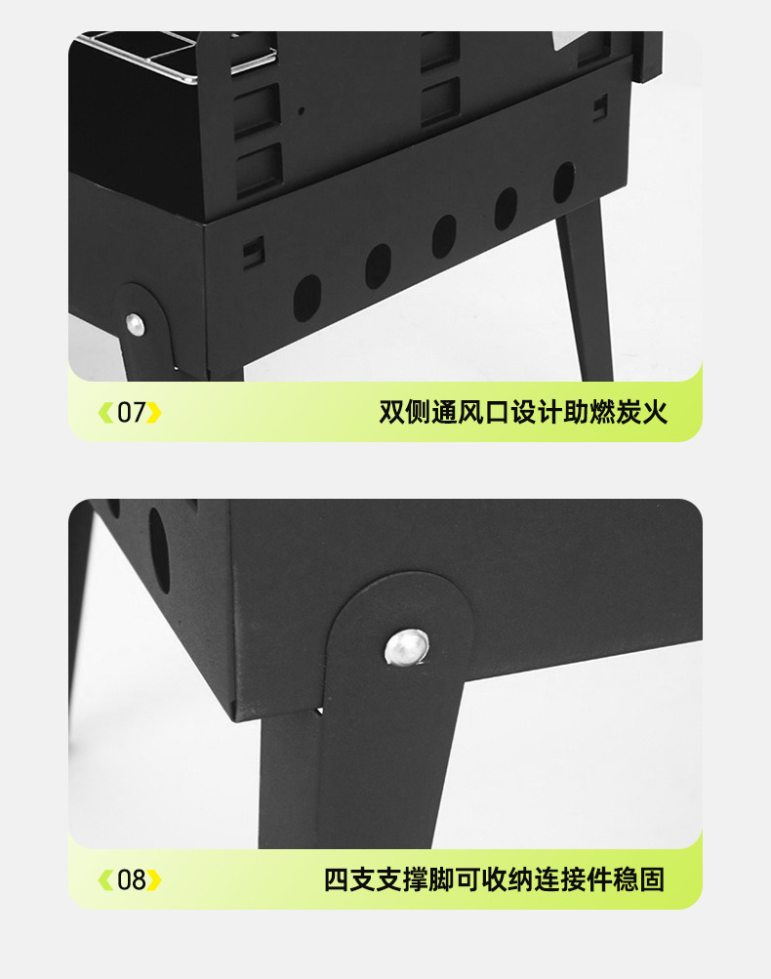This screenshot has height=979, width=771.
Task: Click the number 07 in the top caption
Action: coord(131,413)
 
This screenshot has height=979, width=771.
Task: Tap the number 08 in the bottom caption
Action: coord(131,880)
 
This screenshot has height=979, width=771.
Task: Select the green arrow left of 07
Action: coord(105,413)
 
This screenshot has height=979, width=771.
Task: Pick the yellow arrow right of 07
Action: coord(154,413)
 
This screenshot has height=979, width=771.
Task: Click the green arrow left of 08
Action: coord(105,880)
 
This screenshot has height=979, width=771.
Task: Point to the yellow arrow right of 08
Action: coord(154,880)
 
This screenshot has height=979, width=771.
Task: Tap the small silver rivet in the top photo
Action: coord(135,323)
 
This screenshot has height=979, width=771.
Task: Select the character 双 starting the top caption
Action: coord(391,412)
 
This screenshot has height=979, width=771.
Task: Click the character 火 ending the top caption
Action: coord(655,412)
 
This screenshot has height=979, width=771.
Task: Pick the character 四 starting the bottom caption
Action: coord(337,879)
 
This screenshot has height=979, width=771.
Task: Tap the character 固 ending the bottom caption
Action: coord(652,879)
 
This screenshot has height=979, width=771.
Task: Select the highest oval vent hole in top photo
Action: coord(564,182)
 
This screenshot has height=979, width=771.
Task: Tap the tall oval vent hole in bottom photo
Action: coord(159,549)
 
